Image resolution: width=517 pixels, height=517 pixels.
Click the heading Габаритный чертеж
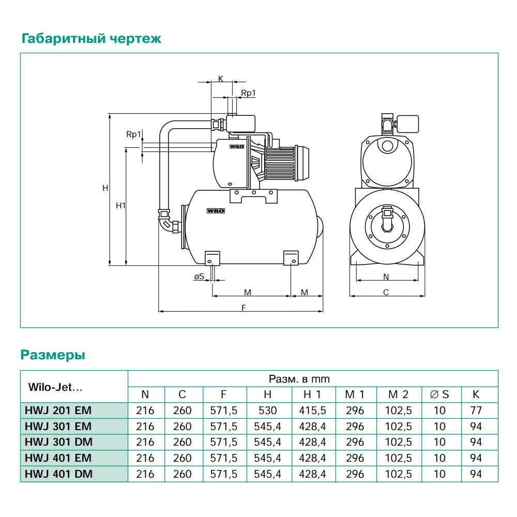coord(91,39)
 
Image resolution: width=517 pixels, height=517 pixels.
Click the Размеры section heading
coord(53,355)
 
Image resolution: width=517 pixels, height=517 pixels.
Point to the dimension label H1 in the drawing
coord(120,205)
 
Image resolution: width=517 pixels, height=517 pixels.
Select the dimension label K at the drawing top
coord(220,79)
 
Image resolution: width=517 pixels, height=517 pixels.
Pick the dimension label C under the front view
coord(386,292)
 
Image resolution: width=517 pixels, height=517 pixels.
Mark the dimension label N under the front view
coord(386,277)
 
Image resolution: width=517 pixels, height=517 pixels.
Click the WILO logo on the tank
coord(214,210)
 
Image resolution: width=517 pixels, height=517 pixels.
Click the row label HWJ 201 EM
coord(58,410)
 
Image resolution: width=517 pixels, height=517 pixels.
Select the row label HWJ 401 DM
coord(58,474)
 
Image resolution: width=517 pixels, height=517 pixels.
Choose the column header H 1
coord(312,394)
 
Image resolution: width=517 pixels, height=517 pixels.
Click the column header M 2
coord(398,394)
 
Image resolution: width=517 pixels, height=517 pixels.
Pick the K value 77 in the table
coord(476,410)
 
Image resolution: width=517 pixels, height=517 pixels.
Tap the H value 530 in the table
coord(267,410)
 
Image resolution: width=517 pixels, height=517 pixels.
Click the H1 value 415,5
coord(312,410)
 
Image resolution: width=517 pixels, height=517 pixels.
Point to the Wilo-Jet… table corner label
coord(55,386)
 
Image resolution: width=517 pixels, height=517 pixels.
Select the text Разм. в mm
coord(299,379)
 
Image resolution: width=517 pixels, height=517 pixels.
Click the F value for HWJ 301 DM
coord(223,442)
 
